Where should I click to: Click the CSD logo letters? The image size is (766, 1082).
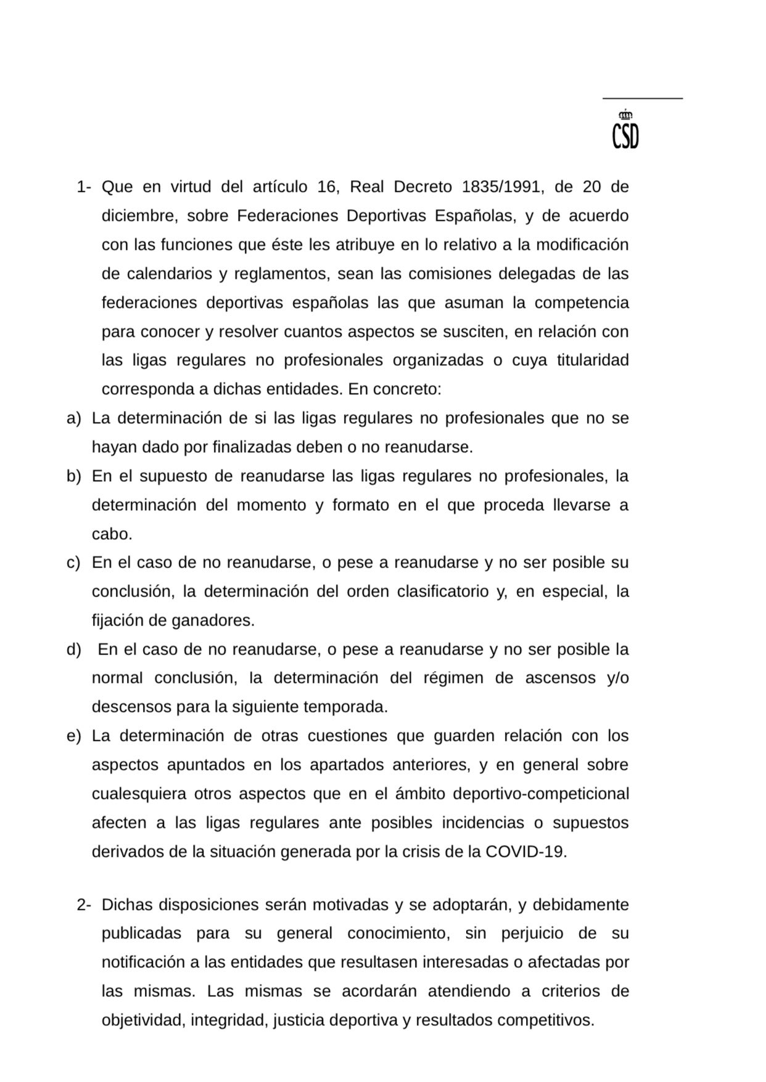[x=625, y=136]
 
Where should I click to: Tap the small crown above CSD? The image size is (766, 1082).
[x=625, y=114]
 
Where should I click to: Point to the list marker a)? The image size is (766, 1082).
[x=73, y=418]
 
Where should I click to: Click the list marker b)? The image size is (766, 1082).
[x=73, y=476]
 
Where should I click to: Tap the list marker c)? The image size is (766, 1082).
[x=73, y=563]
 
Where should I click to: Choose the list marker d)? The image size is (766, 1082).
[x=73, y=650]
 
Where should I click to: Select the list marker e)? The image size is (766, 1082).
[x=73, y=736]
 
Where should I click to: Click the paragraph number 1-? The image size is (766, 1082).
[x=84, y=187]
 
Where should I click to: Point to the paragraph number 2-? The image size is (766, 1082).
[x=84, y=905]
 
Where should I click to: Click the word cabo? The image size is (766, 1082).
[x=112, y=534]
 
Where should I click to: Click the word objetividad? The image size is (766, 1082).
[x=143, y=1020]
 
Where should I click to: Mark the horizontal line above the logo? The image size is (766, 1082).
[x=642, y=98]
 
